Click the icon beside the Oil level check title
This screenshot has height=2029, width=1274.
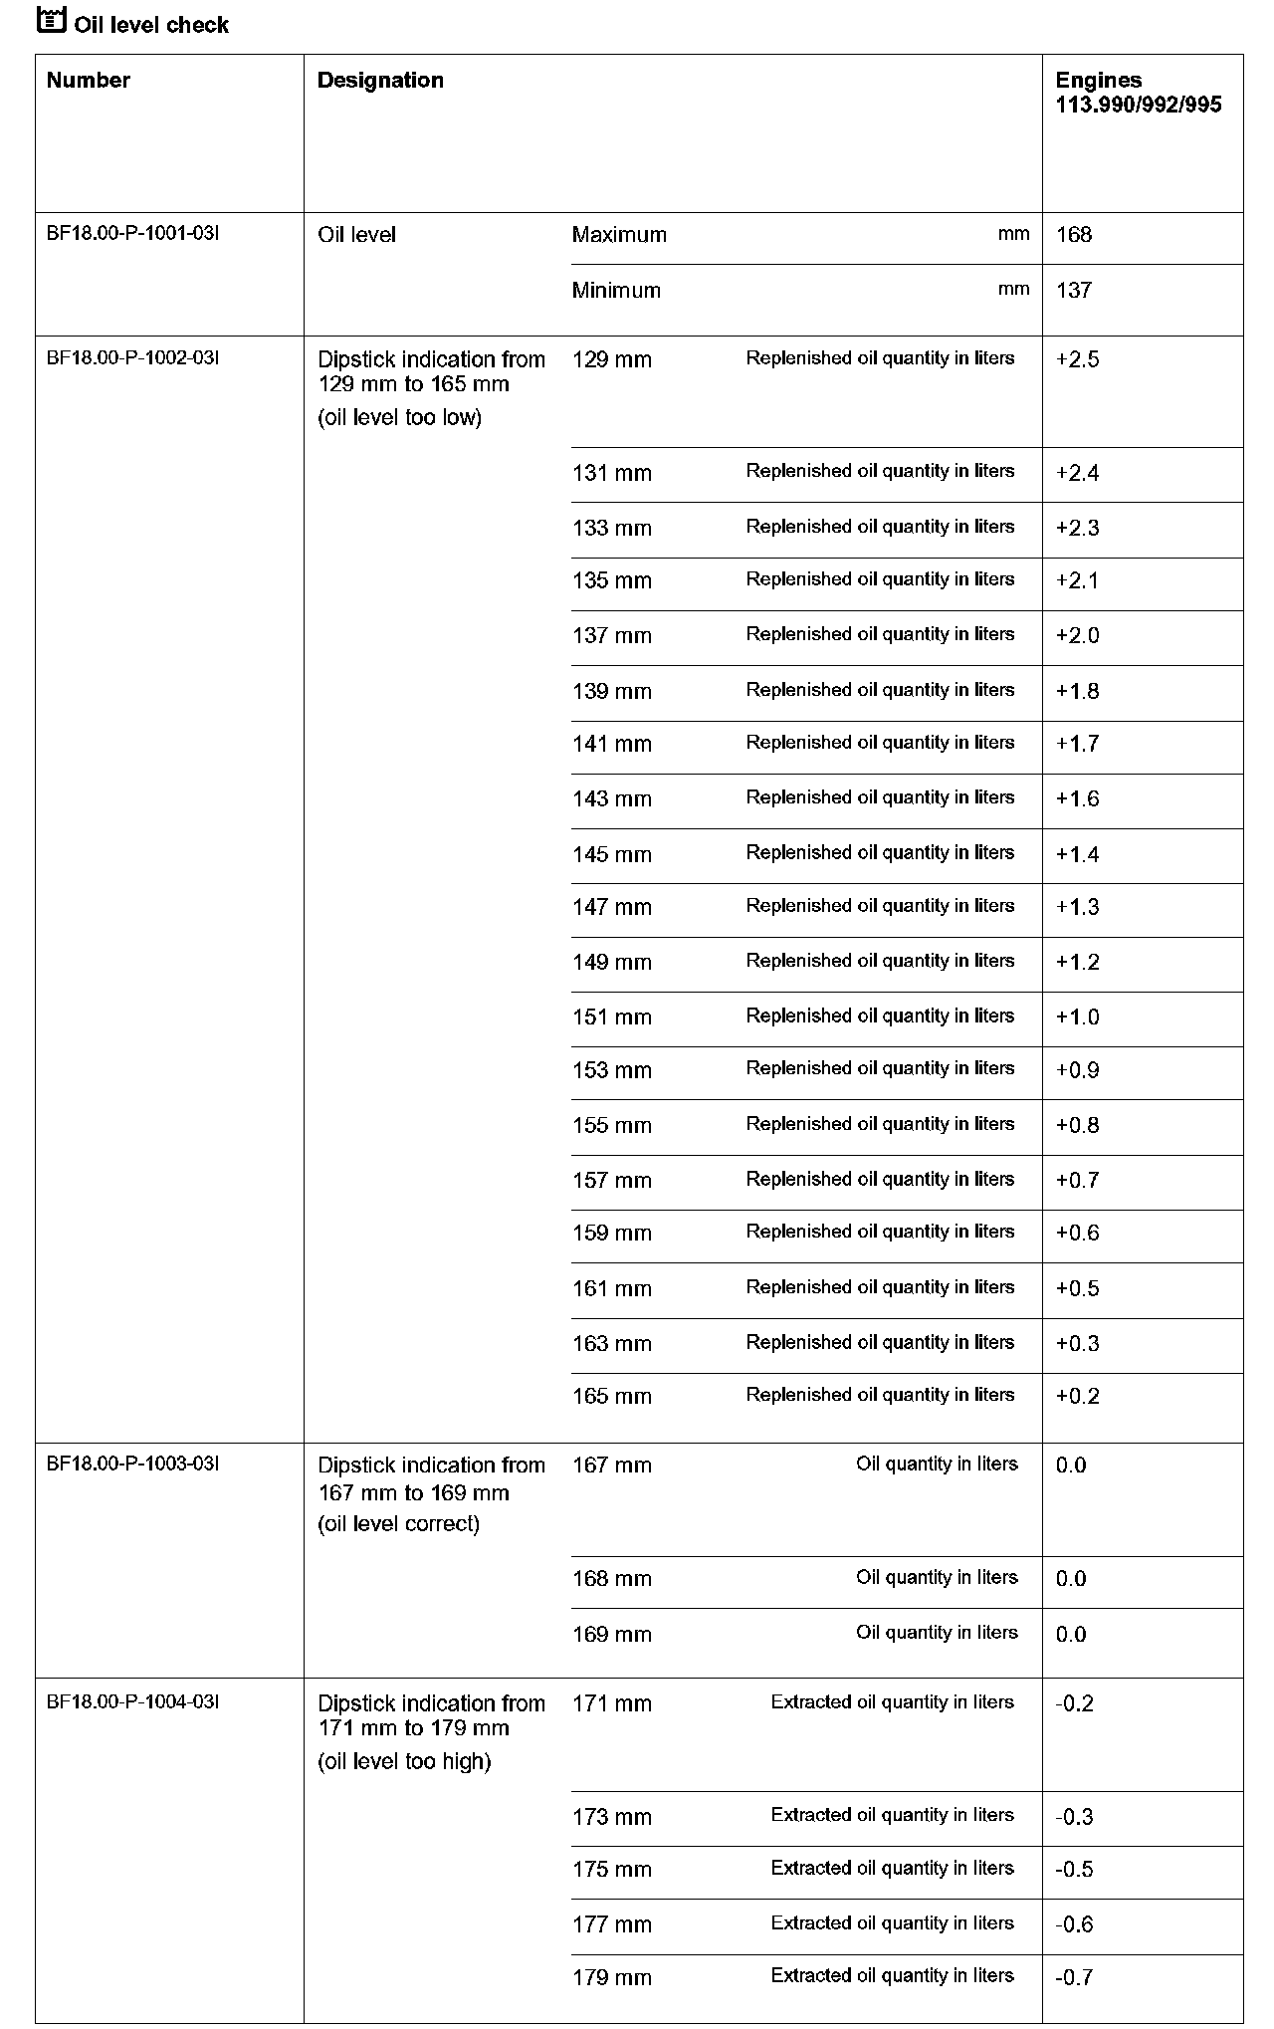point(51,20)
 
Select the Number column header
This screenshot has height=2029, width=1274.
point(89,81)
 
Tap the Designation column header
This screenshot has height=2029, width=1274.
point(380,81)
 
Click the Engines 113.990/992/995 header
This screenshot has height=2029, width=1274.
point(1138,93)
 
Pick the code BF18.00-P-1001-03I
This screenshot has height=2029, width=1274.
point(132,234)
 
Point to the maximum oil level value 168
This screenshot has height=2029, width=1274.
point(1074,235)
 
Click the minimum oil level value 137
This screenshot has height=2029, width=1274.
point(1074,291)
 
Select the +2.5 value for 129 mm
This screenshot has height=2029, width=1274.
point(1077,360)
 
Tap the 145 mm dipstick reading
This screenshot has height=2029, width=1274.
point(611,855)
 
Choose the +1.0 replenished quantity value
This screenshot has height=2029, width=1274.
point(1077,1017)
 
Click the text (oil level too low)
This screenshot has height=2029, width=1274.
point(399,418)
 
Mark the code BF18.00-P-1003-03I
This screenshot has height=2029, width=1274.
point(132,1464)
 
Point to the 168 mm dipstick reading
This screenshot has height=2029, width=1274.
point(611,1579)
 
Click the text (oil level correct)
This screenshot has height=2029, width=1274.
point(398,1524)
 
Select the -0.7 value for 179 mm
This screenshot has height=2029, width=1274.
point(1074,1977)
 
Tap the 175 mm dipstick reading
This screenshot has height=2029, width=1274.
point(611,1870)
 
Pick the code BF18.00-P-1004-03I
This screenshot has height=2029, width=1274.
point(132,1701)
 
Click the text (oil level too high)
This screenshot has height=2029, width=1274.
point(404,1762)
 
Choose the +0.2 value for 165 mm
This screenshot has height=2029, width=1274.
point(1077,1397)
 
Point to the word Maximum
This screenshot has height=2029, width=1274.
point(619,235)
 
